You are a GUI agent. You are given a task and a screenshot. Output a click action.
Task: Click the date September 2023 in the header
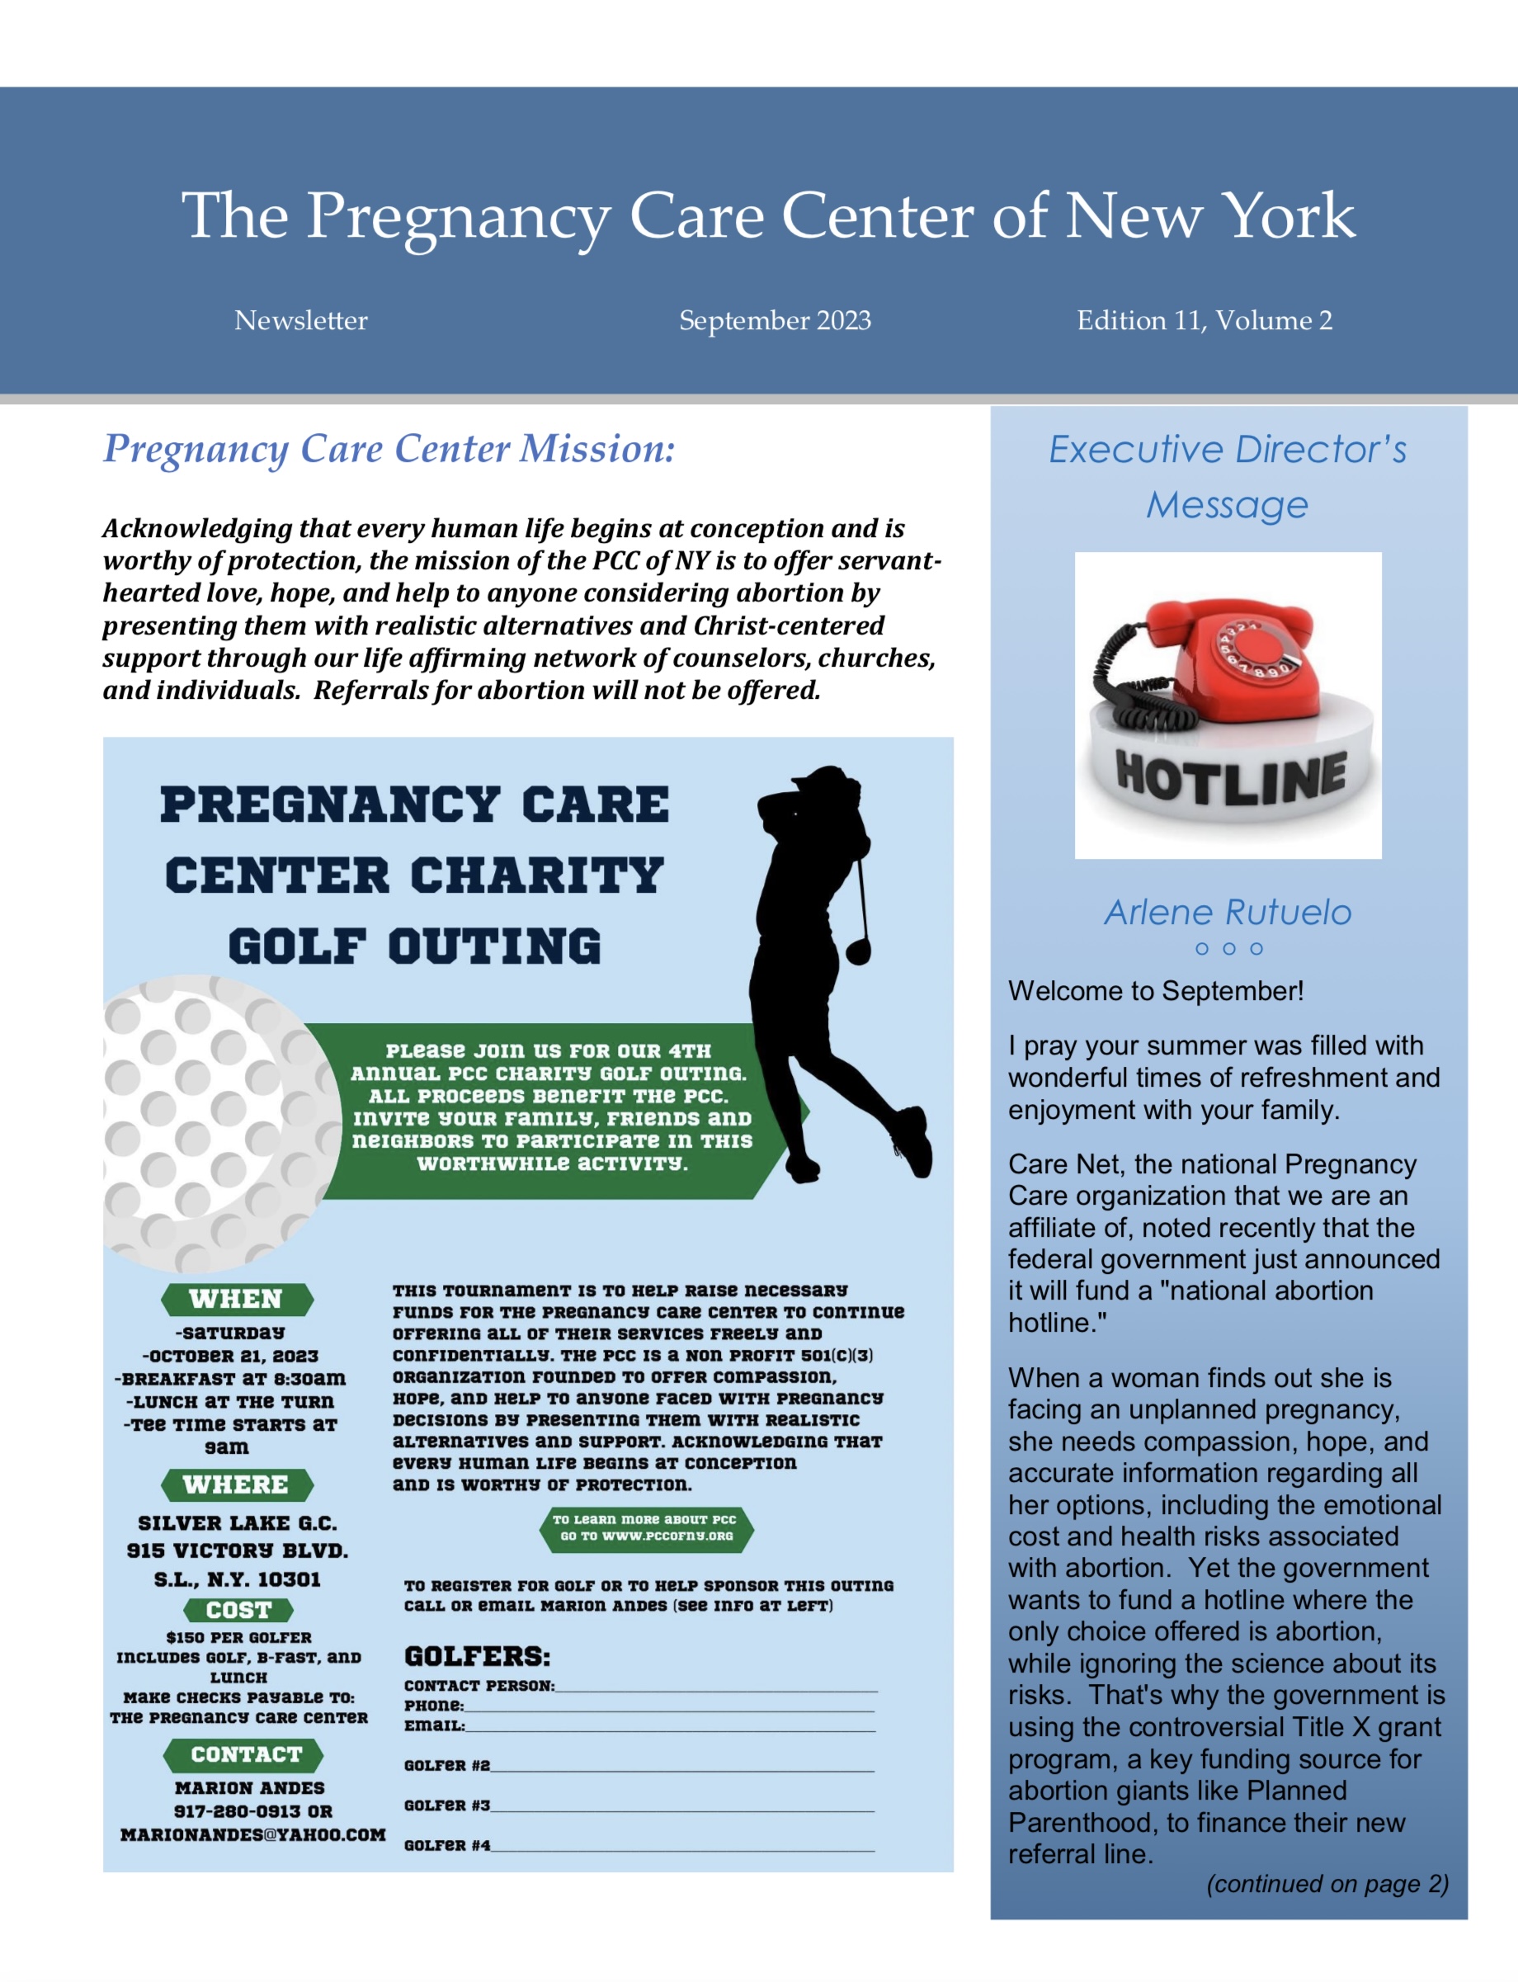click(775, 320)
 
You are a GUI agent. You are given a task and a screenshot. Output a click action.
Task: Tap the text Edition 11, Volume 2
click(1204, 320)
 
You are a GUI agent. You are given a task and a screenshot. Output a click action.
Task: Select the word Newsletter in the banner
click(301, 320)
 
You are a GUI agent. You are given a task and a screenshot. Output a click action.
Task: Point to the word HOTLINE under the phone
click(1231, 777)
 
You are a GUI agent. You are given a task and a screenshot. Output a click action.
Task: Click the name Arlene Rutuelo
click(1227, 912)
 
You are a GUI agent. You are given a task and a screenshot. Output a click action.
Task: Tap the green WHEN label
click(237, 1299)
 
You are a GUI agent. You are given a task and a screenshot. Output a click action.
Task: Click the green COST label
click(238, 1610)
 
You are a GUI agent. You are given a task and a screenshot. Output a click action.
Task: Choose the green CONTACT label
click(244, 1754)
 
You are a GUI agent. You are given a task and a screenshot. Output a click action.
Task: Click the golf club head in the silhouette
click(858, 950)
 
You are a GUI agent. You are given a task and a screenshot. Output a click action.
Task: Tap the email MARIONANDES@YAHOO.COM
click(253, 1834)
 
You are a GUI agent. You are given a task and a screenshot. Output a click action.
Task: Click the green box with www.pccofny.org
click(646, 1527)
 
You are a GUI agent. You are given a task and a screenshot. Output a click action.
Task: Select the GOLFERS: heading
click(477, 1657)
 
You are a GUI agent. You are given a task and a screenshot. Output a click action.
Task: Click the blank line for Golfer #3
click(682, 1805)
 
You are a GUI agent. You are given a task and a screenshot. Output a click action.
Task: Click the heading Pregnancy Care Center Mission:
click(389, 448)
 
